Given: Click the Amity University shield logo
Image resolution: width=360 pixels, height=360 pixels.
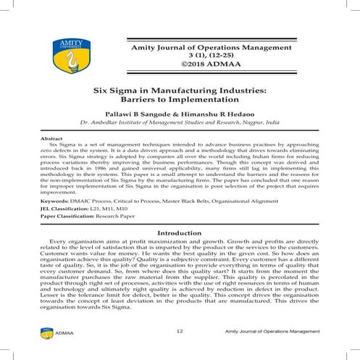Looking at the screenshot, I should pos(62,57).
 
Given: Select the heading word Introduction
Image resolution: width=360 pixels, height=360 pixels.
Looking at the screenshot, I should pos(179,212).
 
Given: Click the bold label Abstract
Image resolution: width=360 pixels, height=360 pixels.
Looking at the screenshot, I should pos(51,138).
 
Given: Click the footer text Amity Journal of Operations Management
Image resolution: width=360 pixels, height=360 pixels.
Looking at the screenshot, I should pos(272,332).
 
